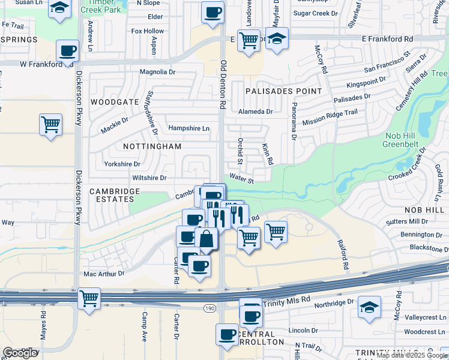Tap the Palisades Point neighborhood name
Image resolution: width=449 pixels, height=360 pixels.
(283, 91)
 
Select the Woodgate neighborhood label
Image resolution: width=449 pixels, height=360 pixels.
(115, 102)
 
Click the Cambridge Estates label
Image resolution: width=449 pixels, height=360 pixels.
(115, 195)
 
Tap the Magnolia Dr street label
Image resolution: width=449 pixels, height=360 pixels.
(157, 73)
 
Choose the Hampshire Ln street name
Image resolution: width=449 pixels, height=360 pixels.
(189, 128)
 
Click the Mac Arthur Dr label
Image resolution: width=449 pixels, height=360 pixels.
(103, 274)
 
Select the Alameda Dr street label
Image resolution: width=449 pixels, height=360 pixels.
(255, 112)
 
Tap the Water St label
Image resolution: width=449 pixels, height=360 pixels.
(242, 178)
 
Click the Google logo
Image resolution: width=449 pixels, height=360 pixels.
(20, 353)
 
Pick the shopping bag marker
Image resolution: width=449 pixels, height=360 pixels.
(206, 238)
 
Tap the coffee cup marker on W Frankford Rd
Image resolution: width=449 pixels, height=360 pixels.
(67, 50)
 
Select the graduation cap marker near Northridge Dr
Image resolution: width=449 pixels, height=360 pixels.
(369, 307)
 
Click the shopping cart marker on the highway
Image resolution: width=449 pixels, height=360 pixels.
(89, 298)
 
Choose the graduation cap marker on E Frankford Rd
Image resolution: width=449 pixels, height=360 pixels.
(277, 39)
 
